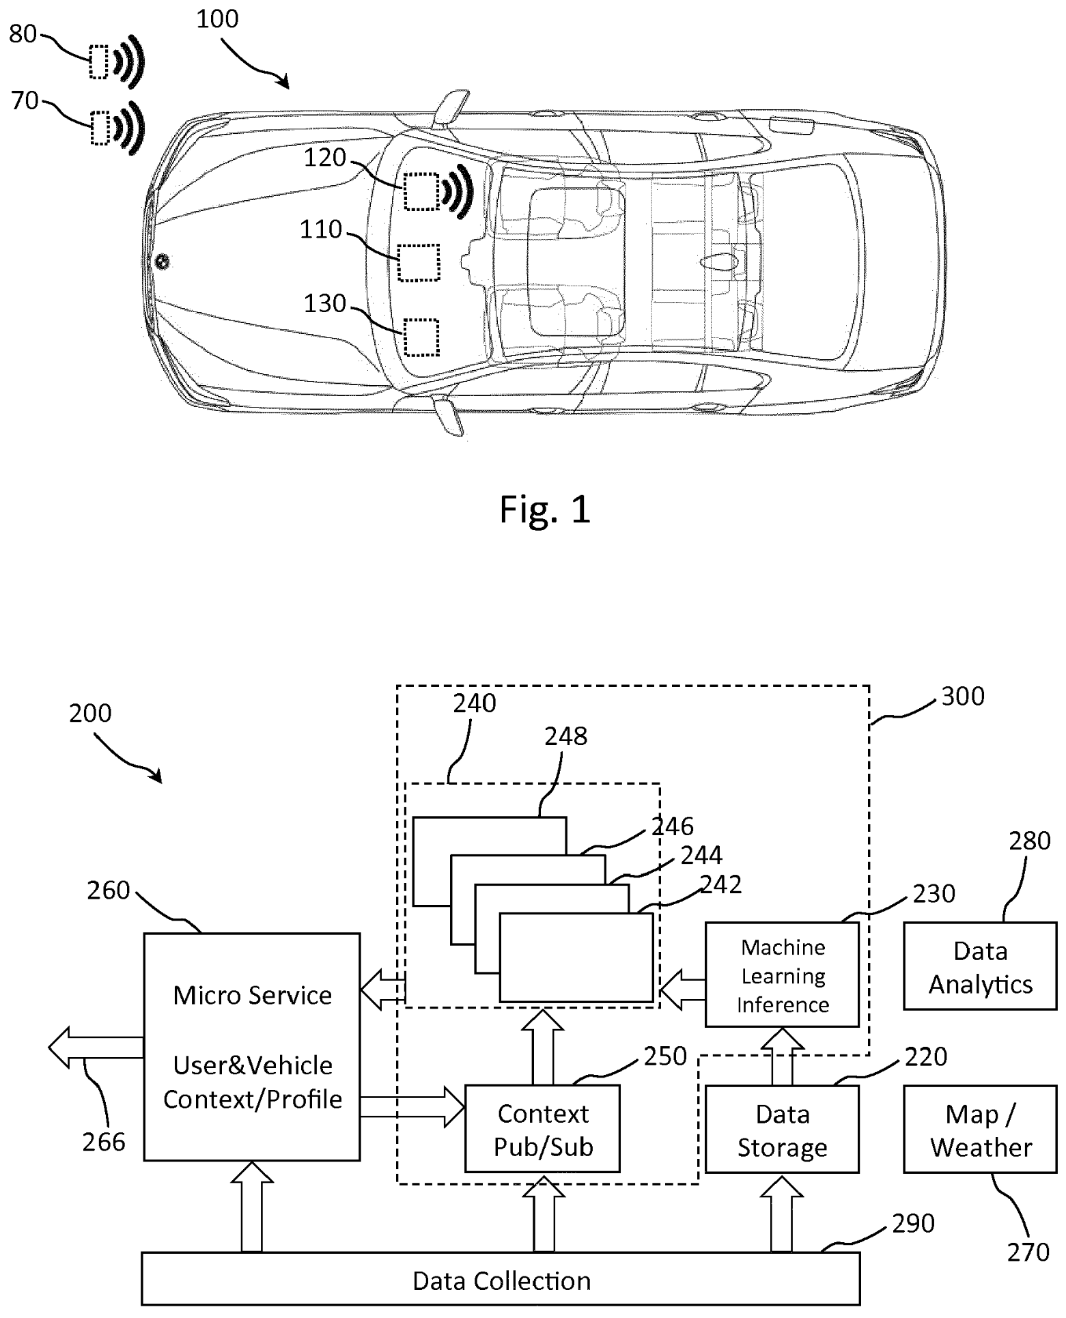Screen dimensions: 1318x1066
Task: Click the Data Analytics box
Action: point(979,966)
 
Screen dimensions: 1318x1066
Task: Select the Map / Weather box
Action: point(979,1130)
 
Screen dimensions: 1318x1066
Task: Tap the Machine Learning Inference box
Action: point(781,975)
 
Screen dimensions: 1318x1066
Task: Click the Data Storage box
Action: point(781,1130)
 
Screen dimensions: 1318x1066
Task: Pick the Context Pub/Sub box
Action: point(542,1130)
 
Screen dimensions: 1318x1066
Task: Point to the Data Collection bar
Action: point(500,1280)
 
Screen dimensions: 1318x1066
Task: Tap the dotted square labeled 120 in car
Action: point(420,192)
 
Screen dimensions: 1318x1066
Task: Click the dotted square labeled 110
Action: point(419,263)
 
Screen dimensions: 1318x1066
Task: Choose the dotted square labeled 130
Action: point(421,337)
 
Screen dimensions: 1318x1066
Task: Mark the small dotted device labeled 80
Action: point(99,62)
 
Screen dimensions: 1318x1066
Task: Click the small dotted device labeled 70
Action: point(100,127)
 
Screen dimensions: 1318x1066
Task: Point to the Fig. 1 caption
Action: point(544,509)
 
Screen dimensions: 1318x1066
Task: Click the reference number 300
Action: point(962,697)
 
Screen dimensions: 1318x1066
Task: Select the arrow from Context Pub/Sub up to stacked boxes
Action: point(542,1046)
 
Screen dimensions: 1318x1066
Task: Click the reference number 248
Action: point(565,736)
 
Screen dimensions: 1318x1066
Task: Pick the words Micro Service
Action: point(252,995)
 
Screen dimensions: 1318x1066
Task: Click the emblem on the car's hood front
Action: point(162,261)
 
